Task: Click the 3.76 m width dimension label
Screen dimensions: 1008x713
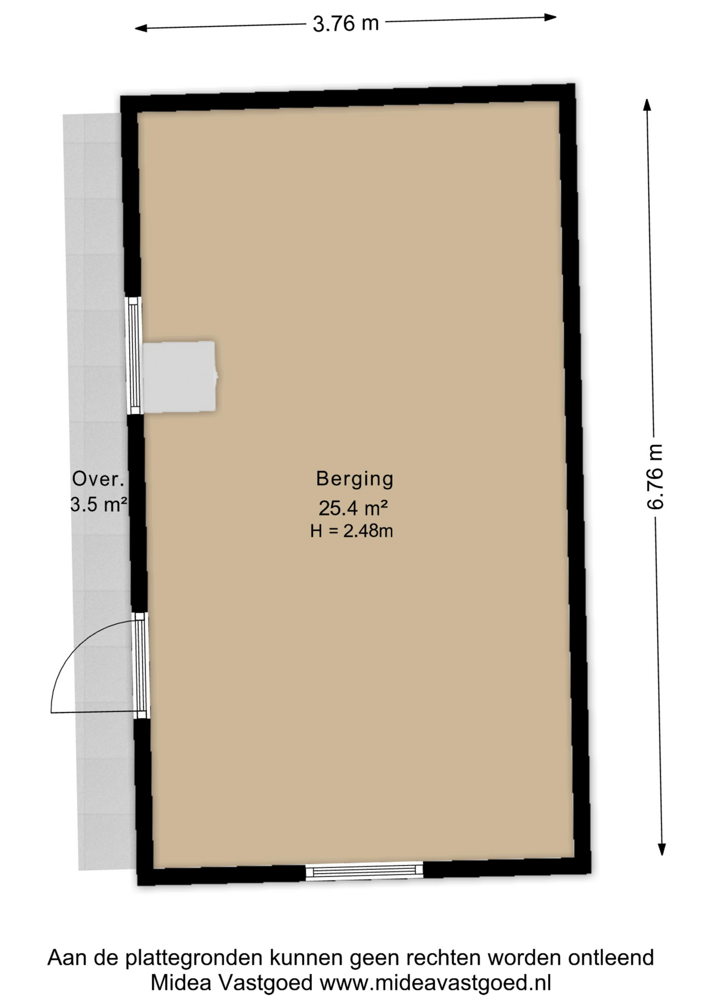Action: [x=345, y=24]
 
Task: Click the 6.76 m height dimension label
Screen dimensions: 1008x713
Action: [x=655, y=476]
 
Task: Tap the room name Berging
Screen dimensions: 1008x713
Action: [x=354, y=479]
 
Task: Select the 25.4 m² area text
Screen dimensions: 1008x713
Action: [x=353, y=508]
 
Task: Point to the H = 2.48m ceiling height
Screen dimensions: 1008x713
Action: [x=351, y=531]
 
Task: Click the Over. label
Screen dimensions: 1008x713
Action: [x=98, y=479]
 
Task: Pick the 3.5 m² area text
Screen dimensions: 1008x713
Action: [x=99, y=505]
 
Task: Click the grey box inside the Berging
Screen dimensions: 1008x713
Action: [x=180, y=376]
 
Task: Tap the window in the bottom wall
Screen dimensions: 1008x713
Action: [x=364, y=871]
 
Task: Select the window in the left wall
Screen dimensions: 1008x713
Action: [x=134, y=355]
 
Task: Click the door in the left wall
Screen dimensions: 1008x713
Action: [x=140, y=665]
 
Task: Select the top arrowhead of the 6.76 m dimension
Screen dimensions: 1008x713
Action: [x=647, y=104]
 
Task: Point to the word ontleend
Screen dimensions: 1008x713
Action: [x=611, y=958]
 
